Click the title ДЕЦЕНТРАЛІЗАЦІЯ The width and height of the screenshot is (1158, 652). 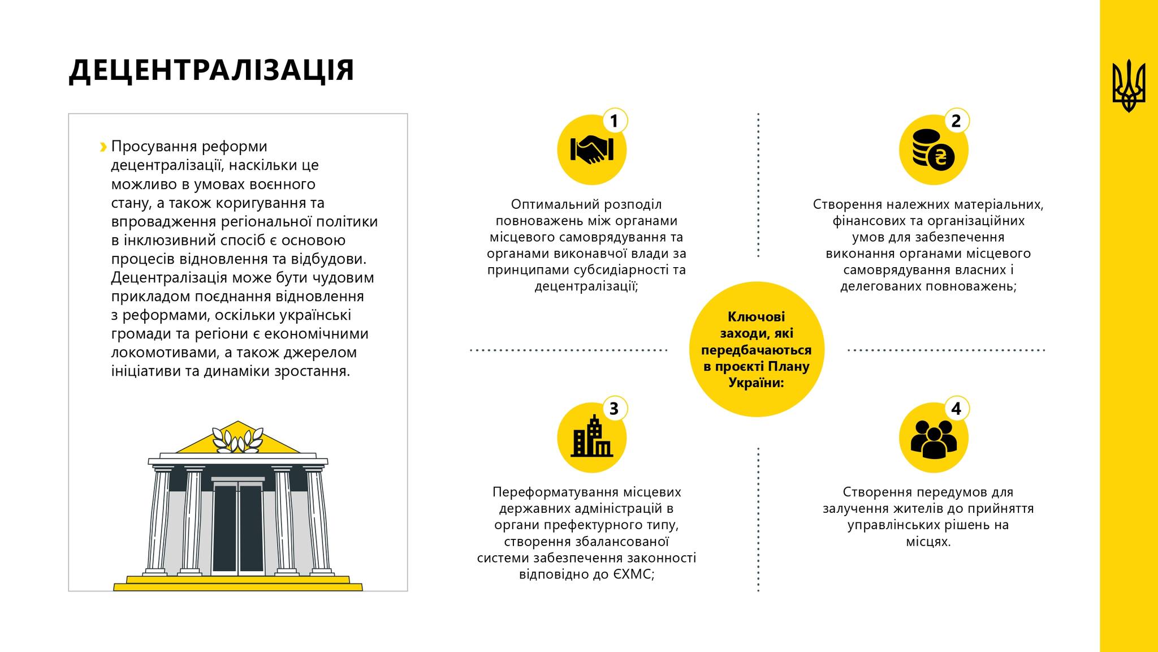pos(211,71)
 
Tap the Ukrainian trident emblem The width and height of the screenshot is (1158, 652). pos(1129,85)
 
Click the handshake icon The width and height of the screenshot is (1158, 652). pos(591,150)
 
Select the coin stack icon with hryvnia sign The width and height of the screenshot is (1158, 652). pos(934,150)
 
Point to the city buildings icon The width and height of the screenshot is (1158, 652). pos(591,436)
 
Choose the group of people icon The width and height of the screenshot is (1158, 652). pos(934,439)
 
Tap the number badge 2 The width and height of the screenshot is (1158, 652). pos(956,121)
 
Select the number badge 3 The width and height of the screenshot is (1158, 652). pos(614,409)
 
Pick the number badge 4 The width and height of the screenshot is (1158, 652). pos(956,409)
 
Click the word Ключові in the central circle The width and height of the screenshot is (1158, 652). pos(756,317)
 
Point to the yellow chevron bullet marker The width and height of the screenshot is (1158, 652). pos(103,147)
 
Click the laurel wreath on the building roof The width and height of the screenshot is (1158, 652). pos(237,440)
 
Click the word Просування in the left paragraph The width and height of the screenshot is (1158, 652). pos(149,147)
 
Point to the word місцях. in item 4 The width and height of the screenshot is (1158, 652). pos(928,542)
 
